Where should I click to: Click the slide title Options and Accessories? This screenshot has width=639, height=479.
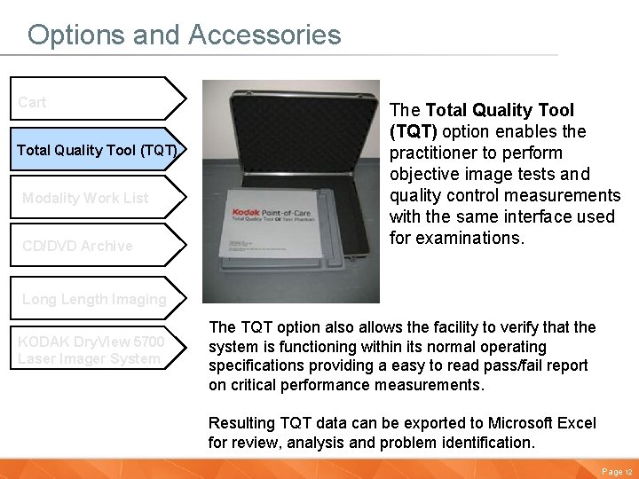[x=184, y=35]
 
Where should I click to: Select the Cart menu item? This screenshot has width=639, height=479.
[x=33, y=102]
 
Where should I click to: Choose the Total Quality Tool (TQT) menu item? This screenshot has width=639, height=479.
[x=97, y=150]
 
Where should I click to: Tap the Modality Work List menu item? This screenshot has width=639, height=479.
[x=85, y=198]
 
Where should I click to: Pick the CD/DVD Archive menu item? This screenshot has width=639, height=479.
[x=77, y=246]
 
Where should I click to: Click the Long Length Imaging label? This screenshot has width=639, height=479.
[x=94, y=299]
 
